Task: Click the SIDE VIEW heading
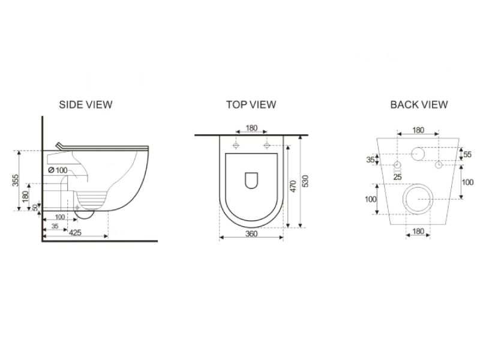coord(86,104)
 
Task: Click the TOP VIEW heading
coord(251,104)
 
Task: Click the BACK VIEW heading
coord(419,104)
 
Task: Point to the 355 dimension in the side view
coord(16,180)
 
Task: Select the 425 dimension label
coord(75,233)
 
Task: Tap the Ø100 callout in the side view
coord(58,170)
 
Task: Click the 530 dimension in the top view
coord(305,181)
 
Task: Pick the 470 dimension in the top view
coord(293,186)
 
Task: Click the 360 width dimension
coord(251,234)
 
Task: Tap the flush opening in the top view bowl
coord(251,181)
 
